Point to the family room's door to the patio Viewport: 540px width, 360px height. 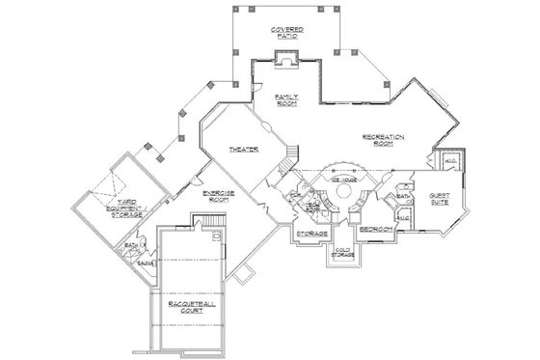click(x=256, y=90)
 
